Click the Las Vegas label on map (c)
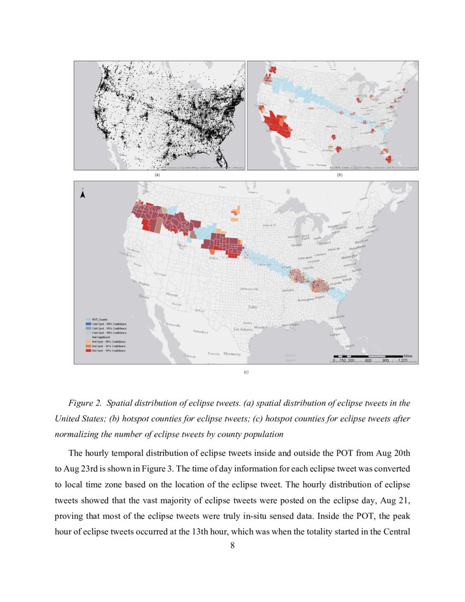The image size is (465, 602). (160, 274)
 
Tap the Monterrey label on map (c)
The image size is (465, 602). (234, 354)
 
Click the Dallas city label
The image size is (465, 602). (253, 307)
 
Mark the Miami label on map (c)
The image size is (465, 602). (350, 345)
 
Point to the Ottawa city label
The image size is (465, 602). (346, 212)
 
